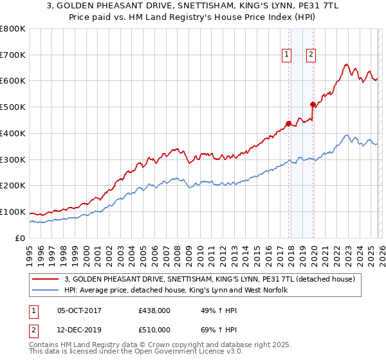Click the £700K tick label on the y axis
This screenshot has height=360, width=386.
(x=13, y=55)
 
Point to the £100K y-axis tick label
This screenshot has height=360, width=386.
(x=13, y=212)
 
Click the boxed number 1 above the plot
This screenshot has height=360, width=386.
(x=286, y=55)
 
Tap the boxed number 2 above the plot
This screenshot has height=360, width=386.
(x=311, y=55)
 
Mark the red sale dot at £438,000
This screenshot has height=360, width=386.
(x=288, y=123)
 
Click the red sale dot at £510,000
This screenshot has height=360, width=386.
(x=313, y=104)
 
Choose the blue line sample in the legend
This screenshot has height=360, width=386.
(x=46, y=290)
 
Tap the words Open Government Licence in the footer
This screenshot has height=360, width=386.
(x=189, y=353)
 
